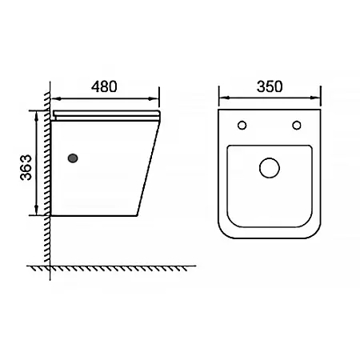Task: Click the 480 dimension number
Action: coord(104,86)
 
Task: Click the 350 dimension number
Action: coord(270,86)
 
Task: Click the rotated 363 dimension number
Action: coord(26,167)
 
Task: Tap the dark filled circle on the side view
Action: coord(73,158)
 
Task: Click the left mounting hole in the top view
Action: coord(242,125)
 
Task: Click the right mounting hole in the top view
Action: coord(297,125)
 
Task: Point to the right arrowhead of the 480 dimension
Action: coord(154,99)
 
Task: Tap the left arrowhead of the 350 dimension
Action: coord(224,98)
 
